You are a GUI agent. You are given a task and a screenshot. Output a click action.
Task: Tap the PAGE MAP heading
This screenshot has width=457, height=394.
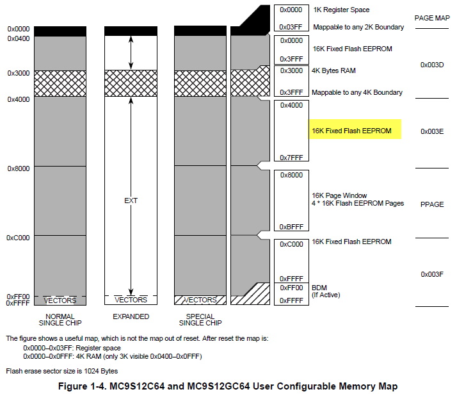point(433,19)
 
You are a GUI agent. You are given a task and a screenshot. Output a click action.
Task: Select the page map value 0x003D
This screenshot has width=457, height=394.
point(432,65)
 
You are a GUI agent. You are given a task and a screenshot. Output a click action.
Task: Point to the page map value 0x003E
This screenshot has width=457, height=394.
point(432,131)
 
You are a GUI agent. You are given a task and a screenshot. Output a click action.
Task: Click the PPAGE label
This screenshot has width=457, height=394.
point(433,204)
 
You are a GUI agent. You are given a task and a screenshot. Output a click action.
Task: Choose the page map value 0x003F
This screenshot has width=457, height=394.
point(432,274)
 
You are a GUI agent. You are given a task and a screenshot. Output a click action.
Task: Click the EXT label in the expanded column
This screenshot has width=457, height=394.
point(131,201)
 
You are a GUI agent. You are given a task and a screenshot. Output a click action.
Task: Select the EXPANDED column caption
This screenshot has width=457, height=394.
point(131,316)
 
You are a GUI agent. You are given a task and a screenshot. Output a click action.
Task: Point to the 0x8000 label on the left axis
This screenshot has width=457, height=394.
point(19,168)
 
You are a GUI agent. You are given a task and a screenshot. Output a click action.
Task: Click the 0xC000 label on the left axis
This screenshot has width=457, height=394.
point(19,237)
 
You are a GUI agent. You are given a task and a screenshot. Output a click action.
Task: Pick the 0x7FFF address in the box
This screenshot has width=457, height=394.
point(291,158)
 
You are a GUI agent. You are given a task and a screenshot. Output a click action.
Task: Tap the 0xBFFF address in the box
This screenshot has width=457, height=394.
point(291,227)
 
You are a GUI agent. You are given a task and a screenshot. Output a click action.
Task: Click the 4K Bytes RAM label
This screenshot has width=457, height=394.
point(333,70)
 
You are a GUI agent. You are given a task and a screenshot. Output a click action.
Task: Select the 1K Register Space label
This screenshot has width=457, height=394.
point(341,10)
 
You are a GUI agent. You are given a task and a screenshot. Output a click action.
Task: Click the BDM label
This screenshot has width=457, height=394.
point(319,288)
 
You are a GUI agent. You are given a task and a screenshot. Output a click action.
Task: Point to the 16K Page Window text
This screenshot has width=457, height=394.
point(339,195)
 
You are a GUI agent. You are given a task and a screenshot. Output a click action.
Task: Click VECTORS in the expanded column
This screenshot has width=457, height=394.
point(131,300)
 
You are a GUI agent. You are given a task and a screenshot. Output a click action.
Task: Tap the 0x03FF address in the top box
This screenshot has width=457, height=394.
point(291,27)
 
